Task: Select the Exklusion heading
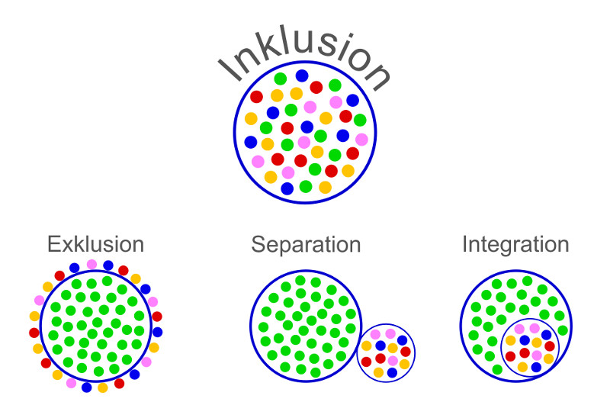(x=95, y=245)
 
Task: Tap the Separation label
(x=306, y=245)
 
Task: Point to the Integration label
(x=515, y=245)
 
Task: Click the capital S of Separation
(x=258, y=245)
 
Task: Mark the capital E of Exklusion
(x=53, y=245)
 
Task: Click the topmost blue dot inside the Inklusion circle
(x=302, y=76)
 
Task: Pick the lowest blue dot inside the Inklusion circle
(x=287, y=188)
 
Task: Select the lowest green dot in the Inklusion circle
(x=306, y=186)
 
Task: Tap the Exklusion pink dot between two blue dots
(x=91, y=265)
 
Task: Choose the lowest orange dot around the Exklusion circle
(x=103, y=387)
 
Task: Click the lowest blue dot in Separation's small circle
(x=392, y=372)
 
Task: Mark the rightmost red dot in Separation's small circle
(x=406, y=352)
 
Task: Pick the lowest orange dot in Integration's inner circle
(x=523, y=367)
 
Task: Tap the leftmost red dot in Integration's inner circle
(x=510, y=356)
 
